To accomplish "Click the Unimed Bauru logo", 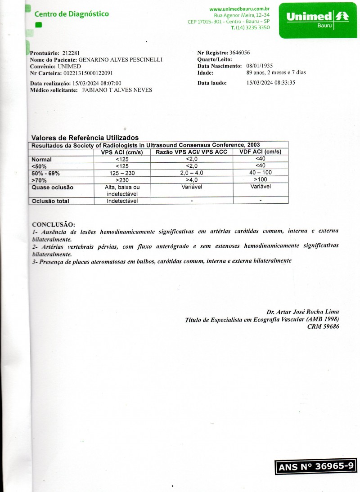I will point(318,20).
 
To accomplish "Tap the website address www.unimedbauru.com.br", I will point(239,9).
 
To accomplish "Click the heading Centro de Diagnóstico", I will point(72,14).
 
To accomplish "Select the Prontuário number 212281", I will point(71,53).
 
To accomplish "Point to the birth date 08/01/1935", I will point(260,66).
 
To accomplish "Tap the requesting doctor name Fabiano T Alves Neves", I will point(117,90).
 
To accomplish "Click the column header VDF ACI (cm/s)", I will point(261,152).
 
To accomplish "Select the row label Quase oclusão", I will point(52,188).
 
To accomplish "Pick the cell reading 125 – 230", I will point(122,173).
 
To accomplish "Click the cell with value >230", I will point(122,180).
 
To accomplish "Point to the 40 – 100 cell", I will point(261,173).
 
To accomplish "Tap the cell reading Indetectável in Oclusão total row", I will point(122,201).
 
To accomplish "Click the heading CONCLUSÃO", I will point(54,224).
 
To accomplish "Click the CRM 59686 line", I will point(323,327).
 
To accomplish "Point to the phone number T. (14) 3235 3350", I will point(250,27).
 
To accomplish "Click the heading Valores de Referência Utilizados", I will point(85,138).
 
